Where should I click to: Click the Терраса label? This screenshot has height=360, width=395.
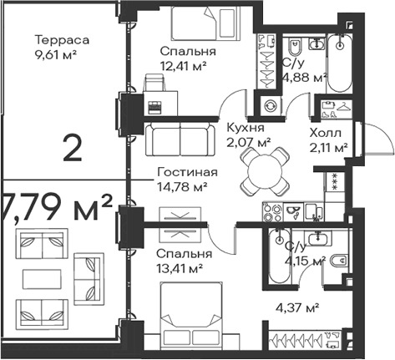62,40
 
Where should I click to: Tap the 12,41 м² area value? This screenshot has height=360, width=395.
183,66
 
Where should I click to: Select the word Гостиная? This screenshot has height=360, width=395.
187,172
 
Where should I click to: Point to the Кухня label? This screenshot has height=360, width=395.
246,128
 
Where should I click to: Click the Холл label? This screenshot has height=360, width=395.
326,133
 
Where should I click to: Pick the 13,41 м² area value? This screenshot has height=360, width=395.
180,269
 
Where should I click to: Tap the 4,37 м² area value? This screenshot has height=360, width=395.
297,308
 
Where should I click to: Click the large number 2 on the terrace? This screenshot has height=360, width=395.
73,147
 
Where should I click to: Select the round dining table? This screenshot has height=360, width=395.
265,171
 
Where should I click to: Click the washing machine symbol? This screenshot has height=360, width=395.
271,106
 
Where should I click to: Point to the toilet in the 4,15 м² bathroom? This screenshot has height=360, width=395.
339,261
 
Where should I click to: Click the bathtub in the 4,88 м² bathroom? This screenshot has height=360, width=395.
339,63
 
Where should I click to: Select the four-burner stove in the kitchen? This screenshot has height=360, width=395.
272,212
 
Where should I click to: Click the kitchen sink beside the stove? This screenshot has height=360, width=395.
313,211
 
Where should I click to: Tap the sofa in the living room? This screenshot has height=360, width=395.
180,139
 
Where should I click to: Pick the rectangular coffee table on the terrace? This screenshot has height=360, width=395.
42,279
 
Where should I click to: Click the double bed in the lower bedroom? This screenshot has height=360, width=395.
191,315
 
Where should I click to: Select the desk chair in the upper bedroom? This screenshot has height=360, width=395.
154,83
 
